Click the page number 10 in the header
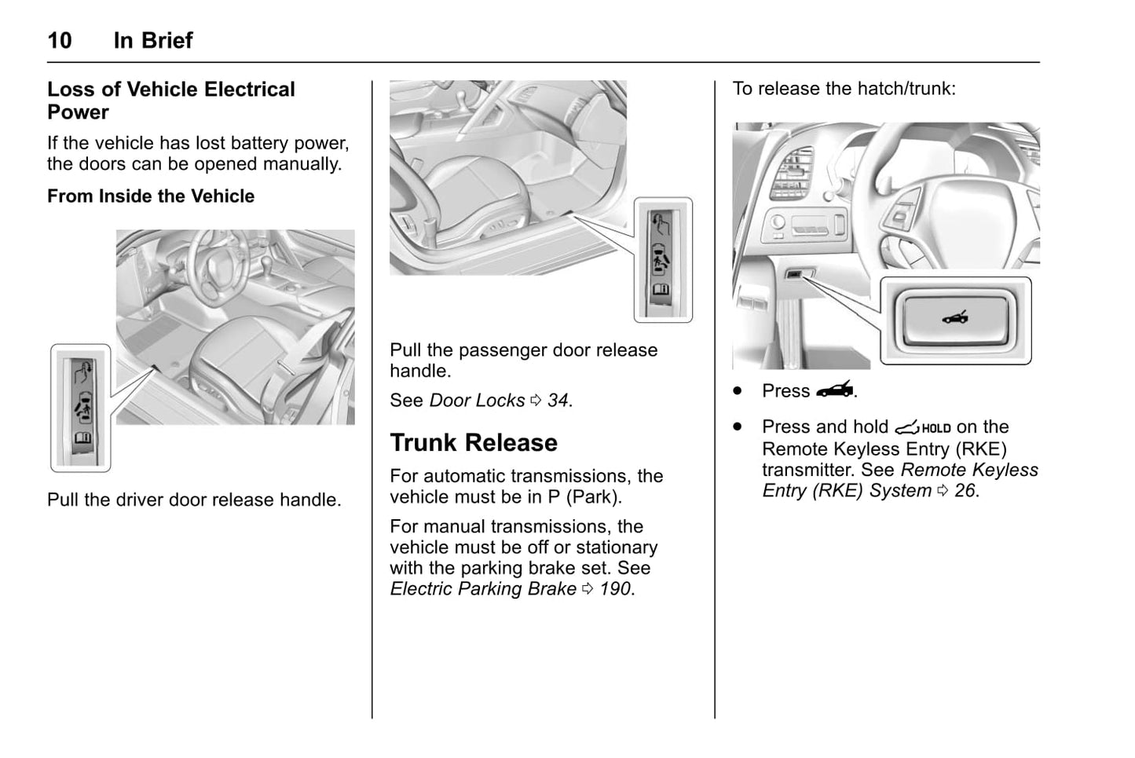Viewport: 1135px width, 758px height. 60,40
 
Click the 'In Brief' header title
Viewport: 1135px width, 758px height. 153,40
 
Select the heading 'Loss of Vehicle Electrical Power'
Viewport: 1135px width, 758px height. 170,101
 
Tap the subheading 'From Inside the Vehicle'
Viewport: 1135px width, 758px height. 151,196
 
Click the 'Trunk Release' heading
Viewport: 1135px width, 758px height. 474,443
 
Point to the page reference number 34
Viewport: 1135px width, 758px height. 558,401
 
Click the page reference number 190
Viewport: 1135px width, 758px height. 616,589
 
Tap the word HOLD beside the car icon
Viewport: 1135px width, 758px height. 935,429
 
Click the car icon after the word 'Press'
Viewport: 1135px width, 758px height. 834,390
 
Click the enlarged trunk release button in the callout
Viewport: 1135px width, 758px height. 955,320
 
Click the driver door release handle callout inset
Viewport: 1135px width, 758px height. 81,408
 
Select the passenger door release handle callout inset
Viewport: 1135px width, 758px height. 663,260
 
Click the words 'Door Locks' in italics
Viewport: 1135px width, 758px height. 477,401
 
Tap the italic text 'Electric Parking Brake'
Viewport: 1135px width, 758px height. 483,589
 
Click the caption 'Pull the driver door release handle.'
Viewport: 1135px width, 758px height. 194,500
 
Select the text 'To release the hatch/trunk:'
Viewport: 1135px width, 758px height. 844,89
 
